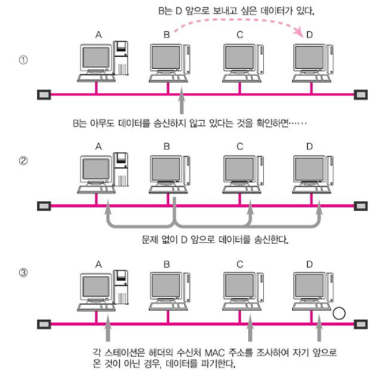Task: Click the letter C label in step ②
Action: (x=240, y=147)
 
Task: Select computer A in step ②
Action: (x=98, y=174)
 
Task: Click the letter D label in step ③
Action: (x=309, y=264)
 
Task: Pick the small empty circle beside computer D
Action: (x=340, y=312)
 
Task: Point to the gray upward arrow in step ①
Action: (x=182, y=102)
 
